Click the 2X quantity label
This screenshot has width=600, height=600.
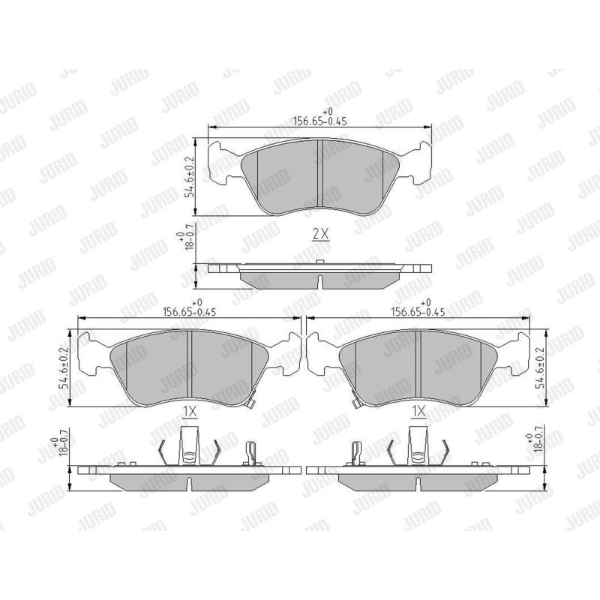321,234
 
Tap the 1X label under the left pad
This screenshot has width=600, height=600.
190,412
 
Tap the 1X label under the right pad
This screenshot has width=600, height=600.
418,412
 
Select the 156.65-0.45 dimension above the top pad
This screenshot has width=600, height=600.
320,118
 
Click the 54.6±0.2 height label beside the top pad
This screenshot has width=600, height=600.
190,176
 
